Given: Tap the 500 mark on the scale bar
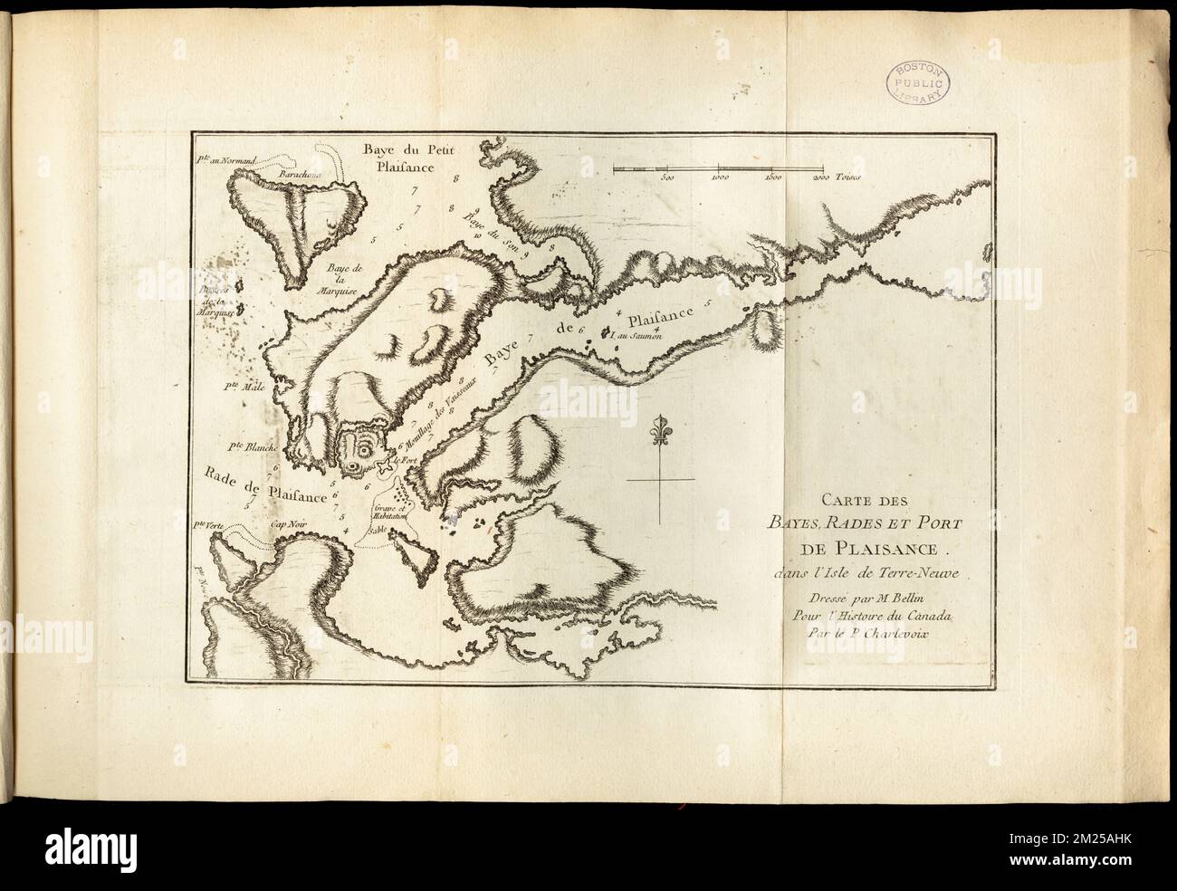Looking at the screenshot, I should [667, 178].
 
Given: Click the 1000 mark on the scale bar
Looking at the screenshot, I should [721, 178].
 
